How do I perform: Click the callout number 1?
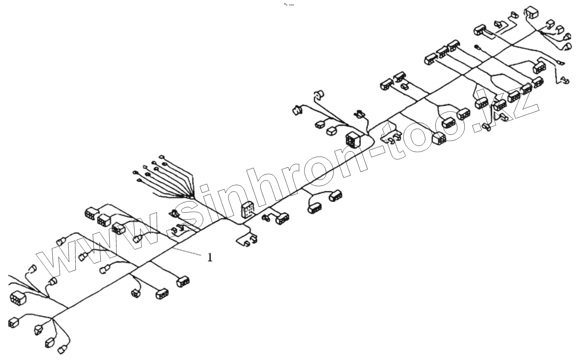[210, 258]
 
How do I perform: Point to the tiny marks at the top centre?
[289, 5]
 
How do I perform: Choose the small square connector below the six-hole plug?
[13, 322]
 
